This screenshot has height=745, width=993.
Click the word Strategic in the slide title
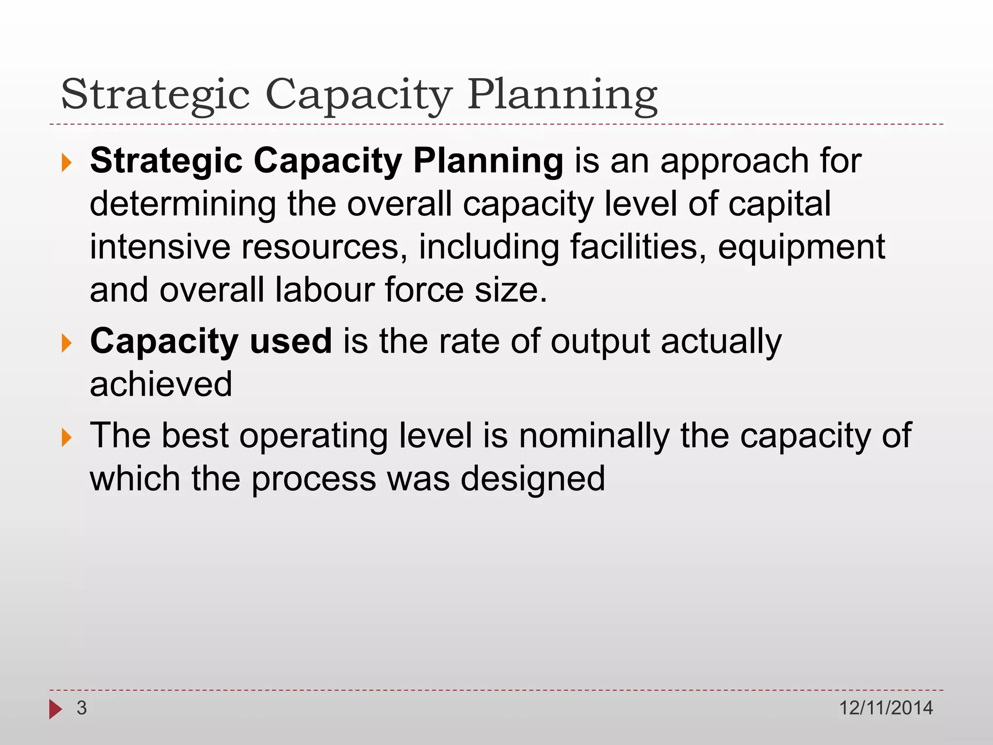click(155, 95)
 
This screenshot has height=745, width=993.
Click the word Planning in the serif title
click(562, 95)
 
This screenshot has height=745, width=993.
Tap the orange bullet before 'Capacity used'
click(66, 343)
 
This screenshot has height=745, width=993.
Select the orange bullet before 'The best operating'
click(66, 437)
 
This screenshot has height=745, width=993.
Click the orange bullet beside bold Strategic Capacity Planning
click(66, 163)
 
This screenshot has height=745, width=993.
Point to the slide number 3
click(81, 708)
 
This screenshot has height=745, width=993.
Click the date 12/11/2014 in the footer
click(886, 708)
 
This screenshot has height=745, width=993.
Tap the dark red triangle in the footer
click(55, 709)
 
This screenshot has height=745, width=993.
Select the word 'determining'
click(183, 205)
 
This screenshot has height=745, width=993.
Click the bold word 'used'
click(291, 341)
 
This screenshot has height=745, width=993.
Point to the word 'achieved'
click(161, 384)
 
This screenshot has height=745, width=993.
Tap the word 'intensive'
click(160, 247)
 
